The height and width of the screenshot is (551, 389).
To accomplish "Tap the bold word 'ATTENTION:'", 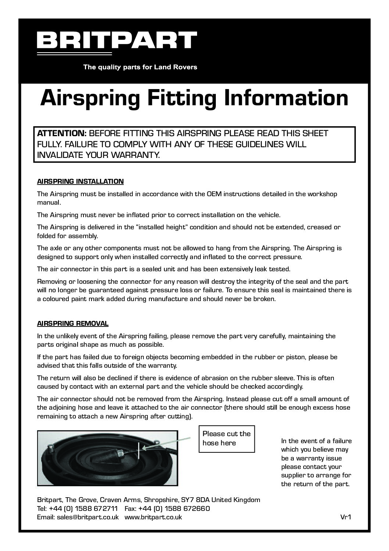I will [61, 133].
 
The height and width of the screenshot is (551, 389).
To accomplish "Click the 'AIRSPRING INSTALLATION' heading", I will [81, 181].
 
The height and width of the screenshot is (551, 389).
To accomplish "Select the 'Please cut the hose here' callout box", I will [226, 438].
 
